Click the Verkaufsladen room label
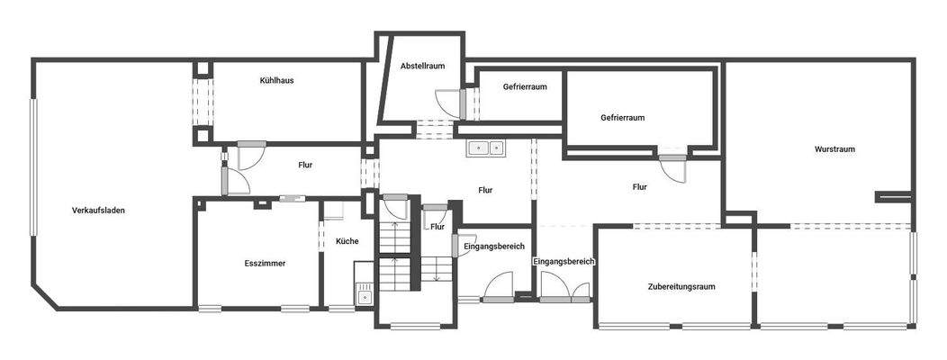98,211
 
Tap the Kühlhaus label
276,80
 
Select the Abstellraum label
423,66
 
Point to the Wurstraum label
834,148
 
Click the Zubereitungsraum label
681,286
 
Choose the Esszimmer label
265,264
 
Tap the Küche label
347,241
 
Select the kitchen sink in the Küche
365,292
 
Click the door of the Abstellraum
449,104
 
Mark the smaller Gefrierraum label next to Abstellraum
526,87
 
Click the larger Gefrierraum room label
622,117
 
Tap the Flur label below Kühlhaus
305,165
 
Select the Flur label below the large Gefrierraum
639,187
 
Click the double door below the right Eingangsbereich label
564,290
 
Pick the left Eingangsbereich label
494,246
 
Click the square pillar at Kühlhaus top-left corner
203,68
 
